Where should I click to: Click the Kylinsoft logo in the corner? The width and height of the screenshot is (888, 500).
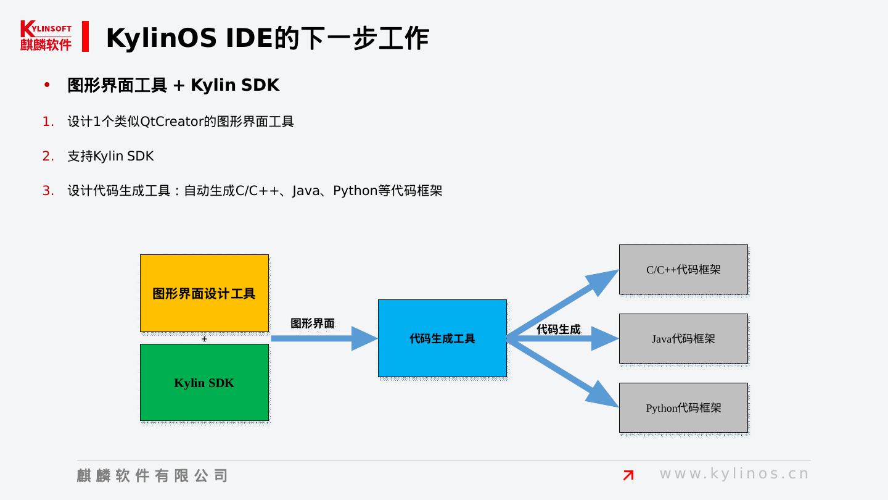pyautogui.click(x=46, y=36)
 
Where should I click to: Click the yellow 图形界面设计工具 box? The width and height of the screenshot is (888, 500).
pyautogui.click(x=204, y=293)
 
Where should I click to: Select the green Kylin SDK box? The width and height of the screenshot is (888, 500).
pyautogui.click(x=204, y=383)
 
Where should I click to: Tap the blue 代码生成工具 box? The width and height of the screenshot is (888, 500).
pyautogui.click(x=442, y=338)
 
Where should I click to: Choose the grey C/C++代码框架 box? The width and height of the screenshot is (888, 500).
pyautogui.click(x=683, y=270)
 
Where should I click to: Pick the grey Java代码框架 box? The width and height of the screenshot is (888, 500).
pyautogui.click(x=683, y=338)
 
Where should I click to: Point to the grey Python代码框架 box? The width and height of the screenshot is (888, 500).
pyautogui.click(x=683, y=407)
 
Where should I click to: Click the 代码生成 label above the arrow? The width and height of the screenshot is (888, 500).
pyautogui.click(x=559, y=330)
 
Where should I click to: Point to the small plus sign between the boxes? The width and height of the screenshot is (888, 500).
pyautogui.click(x=204, y=339)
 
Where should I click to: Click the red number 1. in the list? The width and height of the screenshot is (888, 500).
pyautogui.click(x=48, y=122)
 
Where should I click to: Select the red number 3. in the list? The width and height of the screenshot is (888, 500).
pyautogui.click(x=48, y=191)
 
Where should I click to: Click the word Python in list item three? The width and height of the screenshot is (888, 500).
pyautogui.click(x=355, y=191)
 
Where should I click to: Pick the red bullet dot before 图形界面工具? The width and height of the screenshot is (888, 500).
pyautogui.click(x=47, y=85)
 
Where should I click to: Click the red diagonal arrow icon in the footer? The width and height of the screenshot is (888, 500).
pyautogui.click(x=628, y=475)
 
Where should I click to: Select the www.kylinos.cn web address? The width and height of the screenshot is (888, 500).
pyautogui.click(x=734, y=473)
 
